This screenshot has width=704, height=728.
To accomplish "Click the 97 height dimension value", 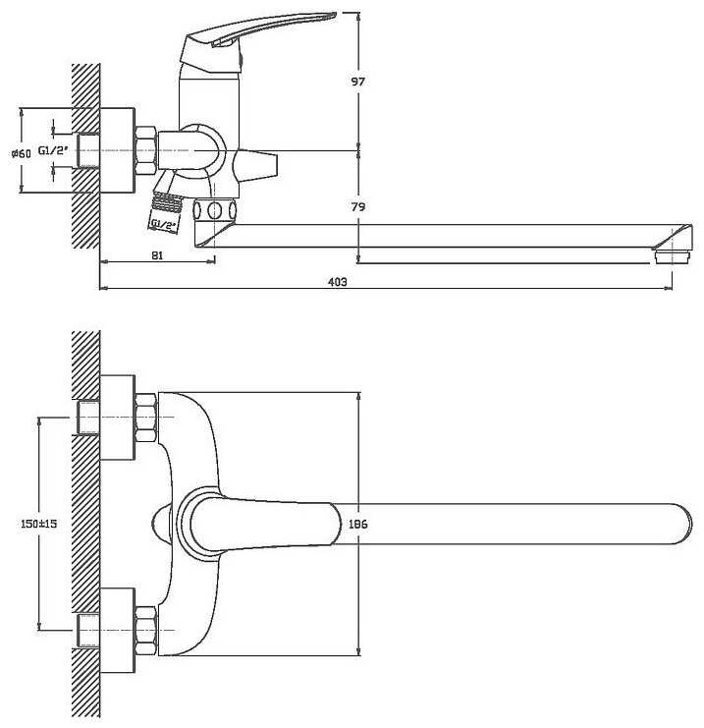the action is (x=357, y=82).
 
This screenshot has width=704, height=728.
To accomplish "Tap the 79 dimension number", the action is (x=357, y=206).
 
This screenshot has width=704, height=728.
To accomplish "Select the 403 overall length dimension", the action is (x=338, y=281).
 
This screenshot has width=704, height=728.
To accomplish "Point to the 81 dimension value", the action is (x=157, y=254).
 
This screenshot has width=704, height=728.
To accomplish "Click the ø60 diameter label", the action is (x=22, y=152).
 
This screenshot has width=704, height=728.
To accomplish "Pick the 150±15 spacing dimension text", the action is (x=39, y=524).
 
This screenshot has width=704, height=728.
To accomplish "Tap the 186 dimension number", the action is (x=357, y=524).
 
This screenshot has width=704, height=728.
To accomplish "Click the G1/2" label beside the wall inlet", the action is (x=53, y=150).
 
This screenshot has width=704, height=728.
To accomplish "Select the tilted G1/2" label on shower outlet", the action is (x=163, y=225).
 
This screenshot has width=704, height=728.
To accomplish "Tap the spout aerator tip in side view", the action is (x=672, y=257).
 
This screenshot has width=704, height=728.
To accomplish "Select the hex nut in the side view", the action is (x=145, y=150).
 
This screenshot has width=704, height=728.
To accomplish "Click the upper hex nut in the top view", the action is (x=145, y=418).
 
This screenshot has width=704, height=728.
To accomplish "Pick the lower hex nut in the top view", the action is (x=145, y=631).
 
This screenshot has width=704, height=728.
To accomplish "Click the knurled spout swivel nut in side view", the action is (x=214, y=210).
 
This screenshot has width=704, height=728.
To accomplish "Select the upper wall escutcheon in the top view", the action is (x=118, y=418).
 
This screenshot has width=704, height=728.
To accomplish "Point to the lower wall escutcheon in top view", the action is (x=118, y=630).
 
